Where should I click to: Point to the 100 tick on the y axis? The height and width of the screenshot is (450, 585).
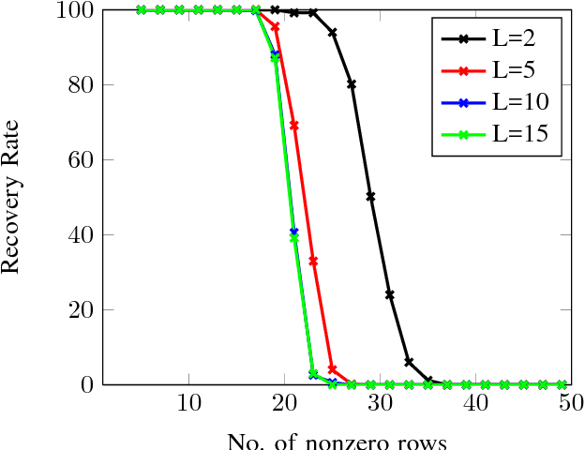pyautogui.click(x=74, y=10)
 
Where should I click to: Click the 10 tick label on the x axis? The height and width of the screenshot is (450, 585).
pyautogui.click(x=189, y=402)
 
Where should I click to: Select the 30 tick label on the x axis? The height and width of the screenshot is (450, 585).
pyautogui.click(x=380, y=402)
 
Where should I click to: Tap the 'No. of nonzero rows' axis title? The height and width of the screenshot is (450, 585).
pyautogui.click(x=337, y=441)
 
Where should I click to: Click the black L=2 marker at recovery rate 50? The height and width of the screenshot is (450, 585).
pyautogui.click(x=370, y=197)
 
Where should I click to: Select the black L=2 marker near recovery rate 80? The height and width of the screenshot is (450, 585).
pyautogui.click(x=352, y=84)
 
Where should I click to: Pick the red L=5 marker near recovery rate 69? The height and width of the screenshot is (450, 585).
pyautogui.click(x=294, y=126)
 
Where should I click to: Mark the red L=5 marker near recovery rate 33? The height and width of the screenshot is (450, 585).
pyautogui.click(x=313, y=261)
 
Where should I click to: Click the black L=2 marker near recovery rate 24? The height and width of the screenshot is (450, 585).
pyautogui.click(x=389, y=294)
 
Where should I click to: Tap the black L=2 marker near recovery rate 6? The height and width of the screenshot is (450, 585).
pyautogui.click(x=409, y=362)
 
